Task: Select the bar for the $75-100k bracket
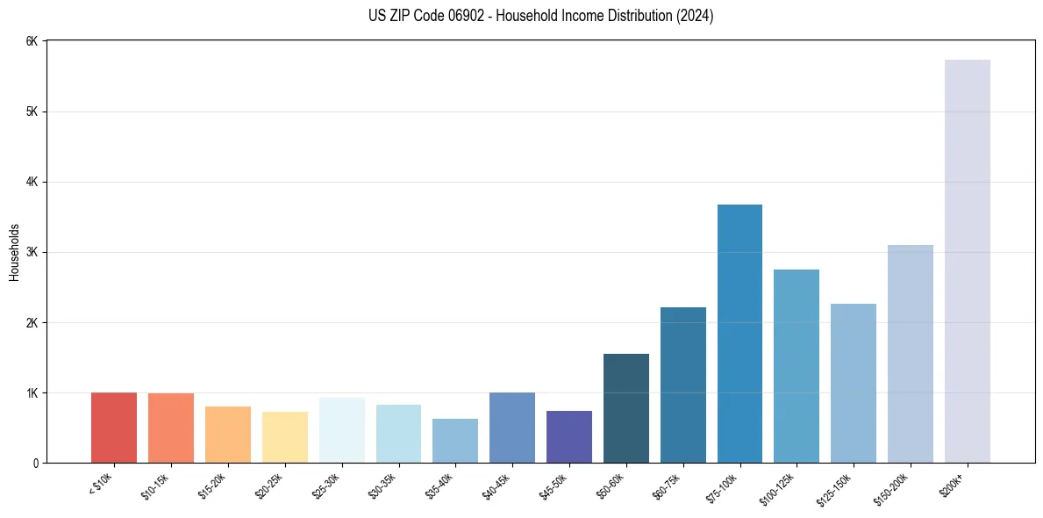(739, 334)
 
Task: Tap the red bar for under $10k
(114, 428)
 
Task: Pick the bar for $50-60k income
(626, 408)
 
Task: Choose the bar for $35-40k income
(455, 441)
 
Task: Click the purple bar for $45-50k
(569, 436)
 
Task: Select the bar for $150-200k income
(911, 354)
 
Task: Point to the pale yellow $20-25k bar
(285, 437)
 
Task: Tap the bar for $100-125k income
(797, 366)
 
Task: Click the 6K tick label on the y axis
(32, 41)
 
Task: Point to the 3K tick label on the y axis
(32, 252)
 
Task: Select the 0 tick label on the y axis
(35, 463)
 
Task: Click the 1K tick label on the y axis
(32, 392)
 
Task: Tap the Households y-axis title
(14, 252)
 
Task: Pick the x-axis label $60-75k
(672, 485)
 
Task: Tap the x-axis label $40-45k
(501, 485)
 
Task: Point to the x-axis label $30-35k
(387, 485)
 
